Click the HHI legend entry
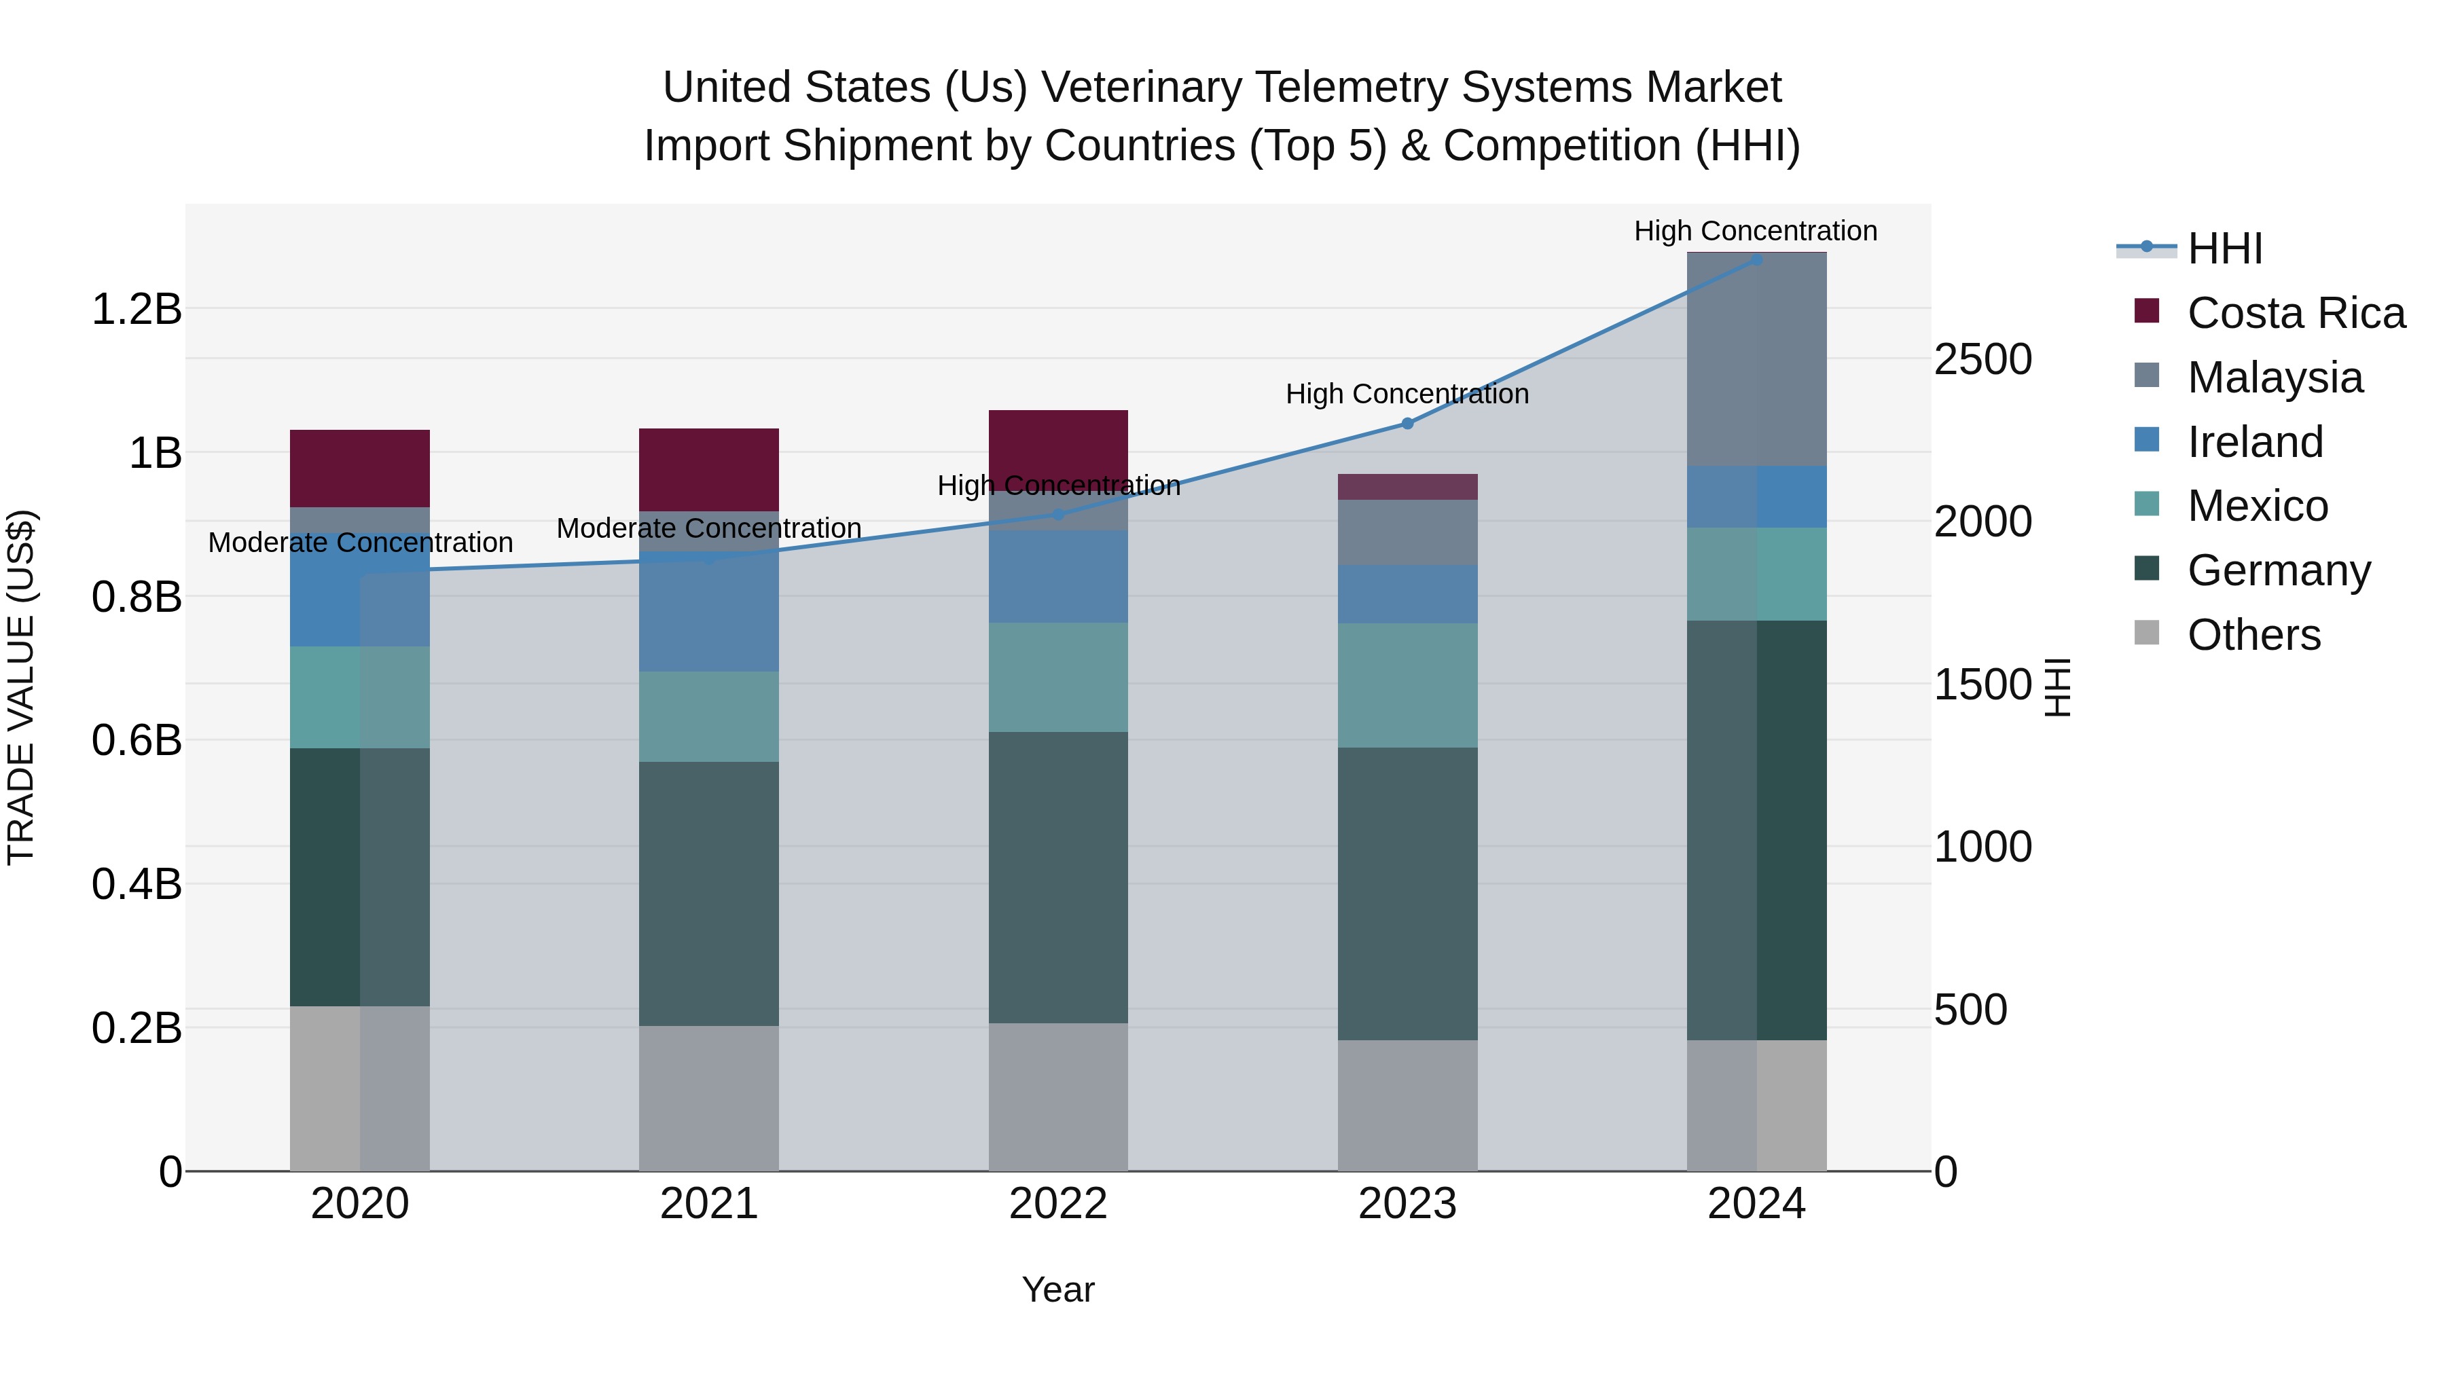2223,249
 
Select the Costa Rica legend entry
2294,313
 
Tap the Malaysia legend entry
2273,378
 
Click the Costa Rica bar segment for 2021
708,470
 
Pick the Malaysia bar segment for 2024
1756,360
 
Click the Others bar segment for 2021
708,1098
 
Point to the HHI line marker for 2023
1408,423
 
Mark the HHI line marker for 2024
1756,259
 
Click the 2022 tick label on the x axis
1058,1204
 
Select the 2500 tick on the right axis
1982,360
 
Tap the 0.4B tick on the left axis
136,884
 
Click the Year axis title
1057,1289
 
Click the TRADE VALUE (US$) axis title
21,687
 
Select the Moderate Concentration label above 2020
360,543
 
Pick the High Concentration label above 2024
1755,231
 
